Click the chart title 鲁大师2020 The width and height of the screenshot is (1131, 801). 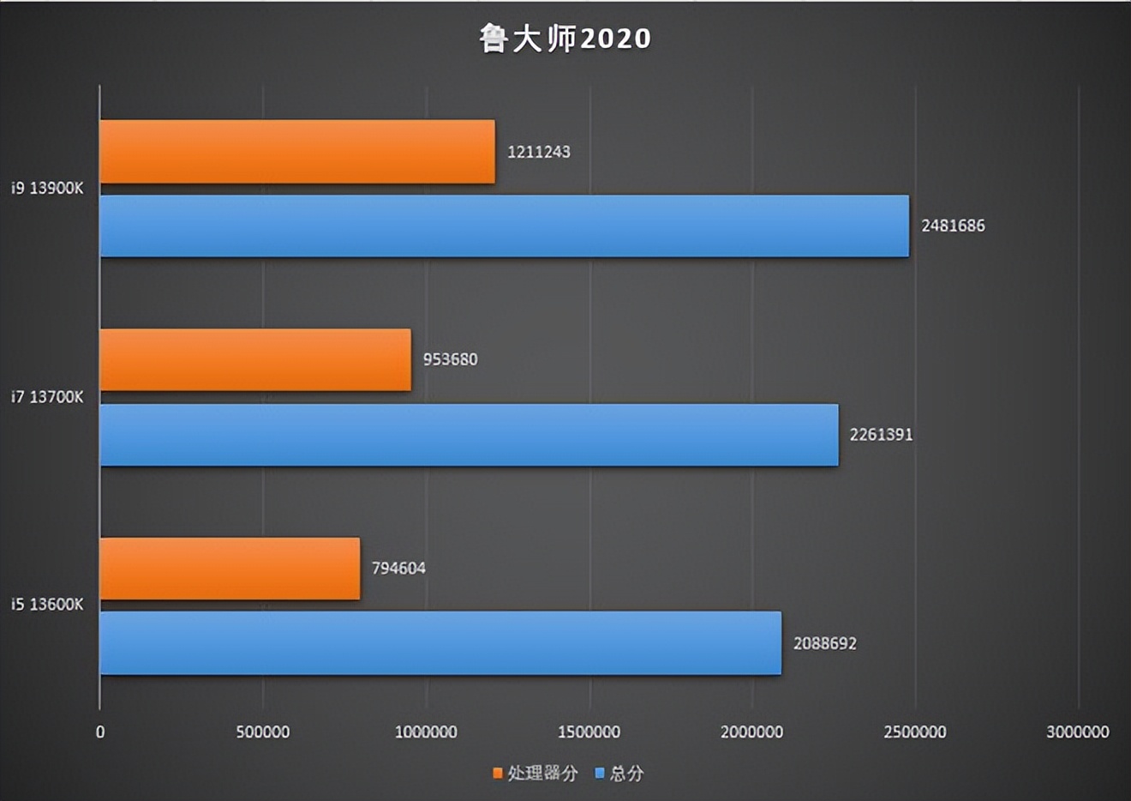pyautogui.click(x=565, y=39)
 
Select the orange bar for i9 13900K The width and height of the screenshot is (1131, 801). pyautogui.click(x=297, y=152)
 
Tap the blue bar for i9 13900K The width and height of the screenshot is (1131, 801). pyautogui.click(x=504, y=226)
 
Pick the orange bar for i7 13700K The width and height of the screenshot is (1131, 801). pyautogui.click(x=255, y=360)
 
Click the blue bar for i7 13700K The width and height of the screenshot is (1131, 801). pyautogui.click(x=469, y=435)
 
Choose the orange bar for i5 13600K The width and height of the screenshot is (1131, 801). pyautogui.click(x=230, y=569)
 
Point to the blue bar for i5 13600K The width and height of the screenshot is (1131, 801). pyautogui.click(x=440, y=643)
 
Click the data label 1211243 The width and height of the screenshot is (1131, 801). pyautogui.click(x=539, y=152)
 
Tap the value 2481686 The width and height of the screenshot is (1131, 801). pyautogui.click(x=953, y=226)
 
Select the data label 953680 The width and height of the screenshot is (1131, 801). pyautogui.click(x=450, y=359)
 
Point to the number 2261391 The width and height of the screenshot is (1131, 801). pyautogui.click(x=881, y=435)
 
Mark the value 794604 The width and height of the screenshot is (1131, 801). pyautogui.click(x=398, y=568)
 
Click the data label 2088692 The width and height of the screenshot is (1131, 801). pyautogui.click(x=824, y=643)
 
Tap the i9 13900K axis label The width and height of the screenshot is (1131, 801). pyautogui.click(x=47, y=188)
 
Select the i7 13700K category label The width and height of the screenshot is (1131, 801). pyautogui.click(x=47, y=397)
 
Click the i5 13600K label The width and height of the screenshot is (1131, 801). pyautogui.click(x=47, y=605)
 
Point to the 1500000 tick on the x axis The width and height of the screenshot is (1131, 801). pyautogui.click(x=589, y=732)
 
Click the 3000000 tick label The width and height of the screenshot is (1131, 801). pyautogui.click(x=1077, y=732)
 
